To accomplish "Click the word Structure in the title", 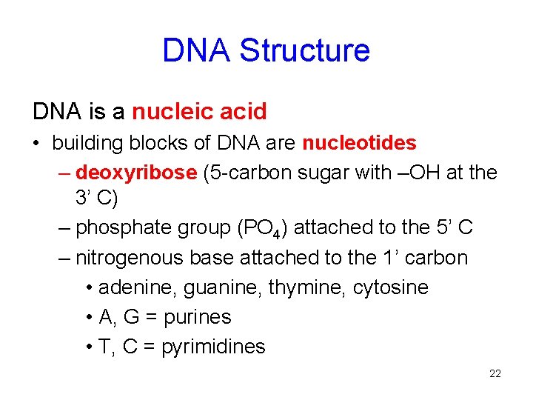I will click(x=305, y=50).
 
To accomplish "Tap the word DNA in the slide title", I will click(x=197, y=50).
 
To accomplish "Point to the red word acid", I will click(x=243, y=112).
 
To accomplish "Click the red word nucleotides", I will click(x=359, y=142).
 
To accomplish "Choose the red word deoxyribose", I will click(x=136, y=173).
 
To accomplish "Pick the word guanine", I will click(x=213, y=287).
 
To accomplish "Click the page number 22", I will click(x=495, y=374).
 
